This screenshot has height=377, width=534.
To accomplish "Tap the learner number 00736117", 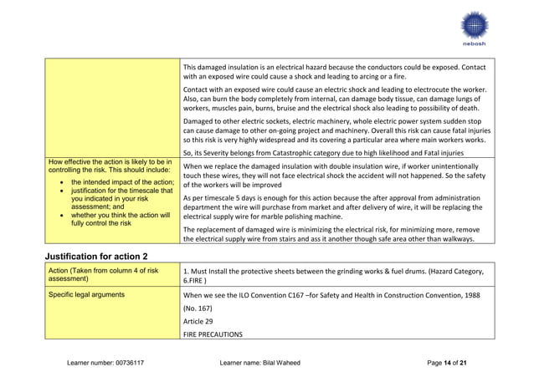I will coord(126,363).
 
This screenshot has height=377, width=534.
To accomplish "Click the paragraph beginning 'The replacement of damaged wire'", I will coord(333,233).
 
